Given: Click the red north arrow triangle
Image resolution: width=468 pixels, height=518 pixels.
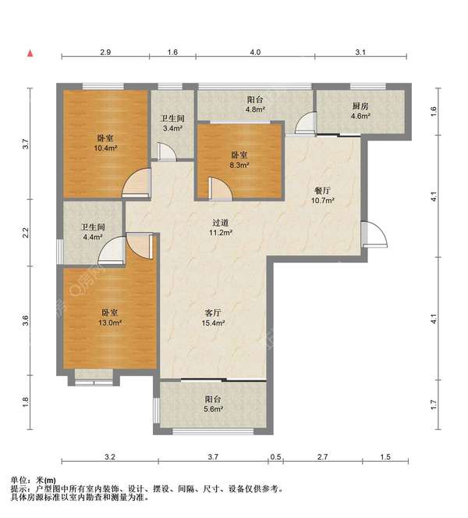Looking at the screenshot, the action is click(x=30, y=53).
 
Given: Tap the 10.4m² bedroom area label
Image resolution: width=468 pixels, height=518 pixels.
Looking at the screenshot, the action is click(x=105, y=148).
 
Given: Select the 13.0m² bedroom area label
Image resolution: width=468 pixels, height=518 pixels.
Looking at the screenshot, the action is click(x=110, y=323).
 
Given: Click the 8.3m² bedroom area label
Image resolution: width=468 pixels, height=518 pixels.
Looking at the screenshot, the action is click(x=239, y=165).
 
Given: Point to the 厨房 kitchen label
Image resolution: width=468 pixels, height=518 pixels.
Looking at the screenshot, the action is click(x=360, y=106).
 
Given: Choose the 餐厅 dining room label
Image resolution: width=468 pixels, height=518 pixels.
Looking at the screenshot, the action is click(x=323, y=191).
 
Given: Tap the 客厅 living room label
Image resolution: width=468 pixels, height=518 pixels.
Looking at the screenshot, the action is click(x=213, y=313).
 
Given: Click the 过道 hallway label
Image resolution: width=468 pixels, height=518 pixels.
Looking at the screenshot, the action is click(x=220, y=223).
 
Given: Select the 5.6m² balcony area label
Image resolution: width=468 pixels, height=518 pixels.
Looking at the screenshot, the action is click(x=214, y=409).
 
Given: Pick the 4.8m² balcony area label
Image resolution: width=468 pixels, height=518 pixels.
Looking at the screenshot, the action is click(x=255, y=109).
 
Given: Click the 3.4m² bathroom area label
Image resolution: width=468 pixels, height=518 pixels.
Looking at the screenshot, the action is click(x=172, y=128).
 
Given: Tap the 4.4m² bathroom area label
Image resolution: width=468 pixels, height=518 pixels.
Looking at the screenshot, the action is click(x=93, y=237).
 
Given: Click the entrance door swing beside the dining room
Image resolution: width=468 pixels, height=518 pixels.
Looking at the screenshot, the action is click(x=374, y=234).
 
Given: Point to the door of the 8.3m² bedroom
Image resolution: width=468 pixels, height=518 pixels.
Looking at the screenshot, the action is click(x=220, y=189).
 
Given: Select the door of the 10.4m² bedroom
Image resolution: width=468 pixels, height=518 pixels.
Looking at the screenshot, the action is click(x=136, y=184).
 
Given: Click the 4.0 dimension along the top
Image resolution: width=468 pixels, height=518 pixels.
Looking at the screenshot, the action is click(x=255, y=52).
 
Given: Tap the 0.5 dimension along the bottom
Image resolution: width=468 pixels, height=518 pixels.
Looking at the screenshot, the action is click(x=275, y=457).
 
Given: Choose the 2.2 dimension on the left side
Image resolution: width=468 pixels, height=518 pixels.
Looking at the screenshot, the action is click(x=26, y=232).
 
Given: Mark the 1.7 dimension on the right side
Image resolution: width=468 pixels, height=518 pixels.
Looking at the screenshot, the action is click(x=434, y=405).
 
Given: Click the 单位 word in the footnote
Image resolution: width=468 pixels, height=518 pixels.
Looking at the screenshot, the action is click(x=19, y=480).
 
